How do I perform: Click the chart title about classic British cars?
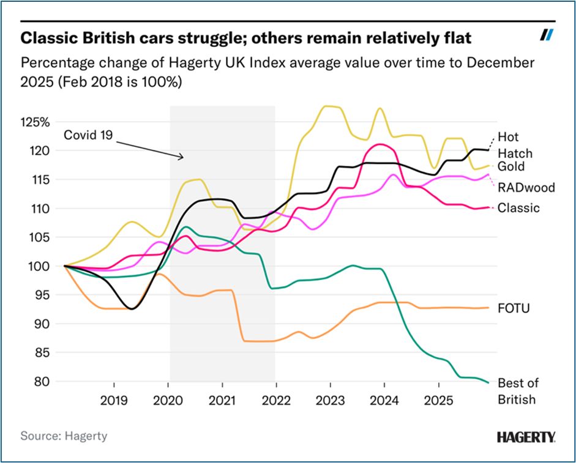click(240, 38)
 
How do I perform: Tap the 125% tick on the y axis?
click(37, 122)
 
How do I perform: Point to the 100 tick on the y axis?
click(41, 266)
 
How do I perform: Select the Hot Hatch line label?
click(514, 145)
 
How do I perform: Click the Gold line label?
click(511, 166)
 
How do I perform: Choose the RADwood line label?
click(526, 187)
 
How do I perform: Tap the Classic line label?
click(518, 208)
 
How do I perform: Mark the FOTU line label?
click(513, 308)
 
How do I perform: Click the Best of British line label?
click(518, 391)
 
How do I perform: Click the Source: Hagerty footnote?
click(64, 436)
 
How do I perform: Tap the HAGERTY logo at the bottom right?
click(526, 437)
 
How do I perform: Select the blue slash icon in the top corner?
click(547, 35)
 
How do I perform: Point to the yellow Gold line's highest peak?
click(329, 106)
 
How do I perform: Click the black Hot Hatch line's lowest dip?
click(132, 309)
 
